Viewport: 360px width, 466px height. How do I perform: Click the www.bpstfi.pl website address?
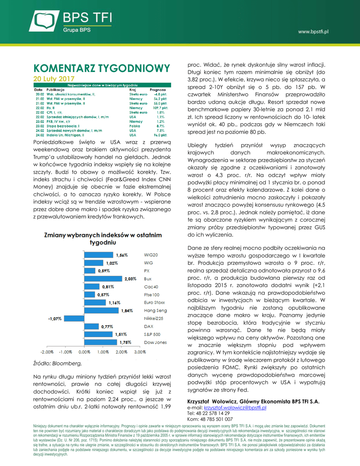[x=313, y=31]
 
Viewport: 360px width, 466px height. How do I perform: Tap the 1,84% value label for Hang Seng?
[x=127, y=310]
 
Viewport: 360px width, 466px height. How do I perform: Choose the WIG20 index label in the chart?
[x=151, y=255]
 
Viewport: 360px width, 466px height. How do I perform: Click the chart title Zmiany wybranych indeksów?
[x=102, y=239]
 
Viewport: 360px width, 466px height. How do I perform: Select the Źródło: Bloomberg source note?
[x=57, y=363]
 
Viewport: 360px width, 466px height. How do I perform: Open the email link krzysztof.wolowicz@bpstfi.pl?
[x=235, y=408]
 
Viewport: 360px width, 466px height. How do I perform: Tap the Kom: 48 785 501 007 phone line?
[x=210, y=419]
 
